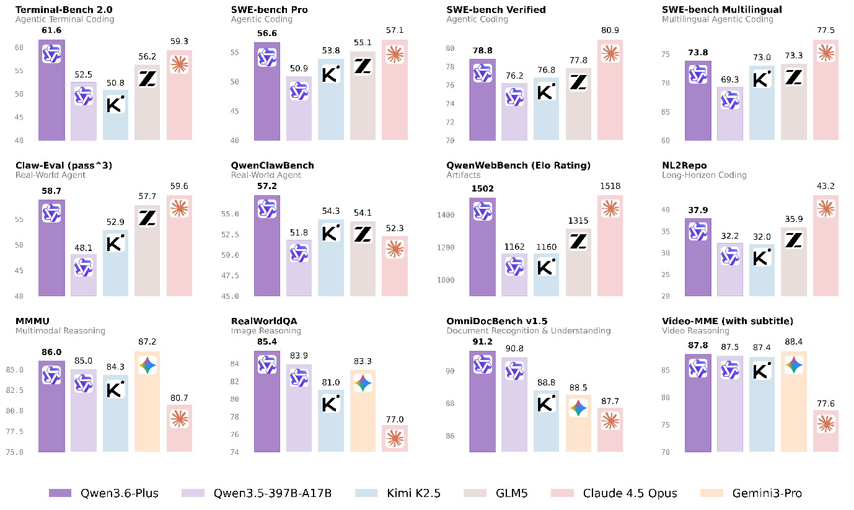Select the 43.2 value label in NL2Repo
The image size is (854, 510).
pyautogui.click(x=825, y=186)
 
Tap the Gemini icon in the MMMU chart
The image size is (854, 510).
pyautogui.click(x=147, y=366)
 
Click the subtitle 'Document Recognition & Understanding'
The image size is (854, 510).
pyautogui.click(x=529, y=331)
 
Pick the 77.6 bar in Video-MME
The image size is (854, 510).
pyautogui.click(x=825, y=434)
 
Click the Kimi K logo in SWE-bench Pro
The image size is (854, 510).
pyautogui.click(x=331, y=73)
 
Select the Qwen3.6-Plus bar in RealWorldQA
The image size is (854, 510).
pyautogui.click(x=267, y=403)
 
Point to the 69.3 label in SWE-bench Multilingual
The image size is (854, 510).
pyautogui.click(x=730, y=79)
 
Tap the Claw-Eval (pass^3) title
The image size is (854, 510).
pyautogui.click(x=63, y=165)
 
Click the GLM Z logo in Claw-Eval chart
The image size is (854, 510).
pyautogui.click(x=147, y=218)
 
